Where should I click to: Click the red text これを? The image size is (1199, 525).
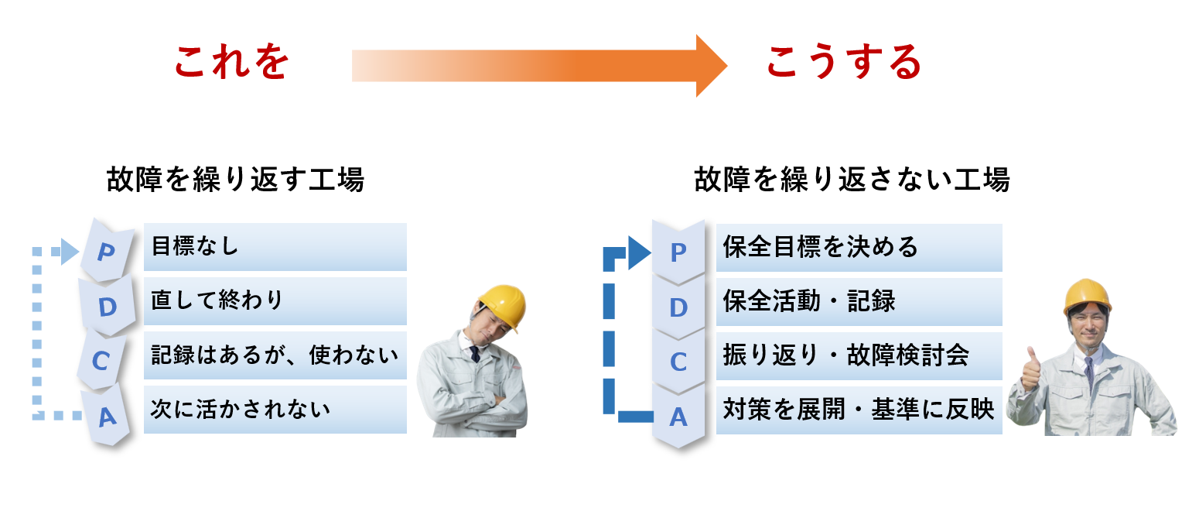point(231,63)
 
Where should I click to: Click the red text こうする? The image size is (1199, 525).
point(844,63)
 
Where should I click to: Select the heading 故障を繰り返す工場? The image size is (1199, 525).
point(235,180)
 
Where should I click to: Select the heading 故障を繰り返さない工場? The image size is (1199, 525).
point(852,180)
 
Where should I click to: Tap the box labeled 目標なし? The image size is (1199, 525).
point(275,247)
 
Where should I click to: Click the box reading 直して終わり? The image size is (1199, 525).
point(275,301)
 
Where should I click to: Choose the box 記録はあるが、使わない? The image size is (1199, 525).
point(275,355)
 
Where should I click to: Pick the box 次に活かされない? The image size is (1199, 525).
point(275,410)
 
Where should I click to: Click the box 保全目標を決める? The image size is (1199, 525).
point(859,248)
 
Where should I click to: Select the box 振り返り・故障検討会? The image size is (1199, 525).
point(859,356)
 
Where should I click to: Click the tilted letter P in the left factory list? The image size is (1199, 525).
point(107,252)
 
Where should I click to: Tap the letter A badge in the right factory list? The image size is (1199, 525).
point(678,417)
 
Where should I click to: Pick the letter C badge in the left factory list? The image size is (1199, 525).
point(101,360)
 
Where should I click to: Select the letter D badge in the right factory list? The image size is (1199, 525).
point(678,307)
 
